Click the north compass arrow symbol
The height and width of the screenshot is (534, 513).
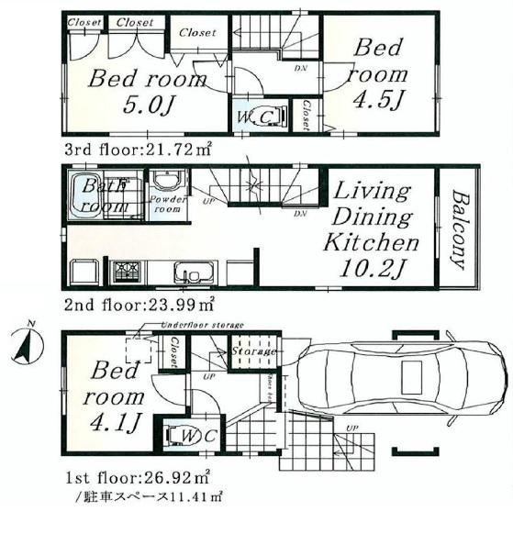click(x=25, y=346)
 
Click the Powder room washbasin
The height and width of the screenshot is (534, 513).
click(x=168, y=183)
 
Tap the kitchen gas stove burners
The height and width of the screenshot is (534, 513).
click(x=126, y=271)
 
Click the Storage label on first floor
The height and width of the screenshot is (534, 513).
click(x=252, y=351)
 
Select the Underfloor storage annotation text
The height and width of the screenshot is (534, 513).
click(x=202, y=326)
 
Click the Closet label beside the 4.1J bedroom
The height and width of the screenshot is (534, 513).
click(x=174, y=353)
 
